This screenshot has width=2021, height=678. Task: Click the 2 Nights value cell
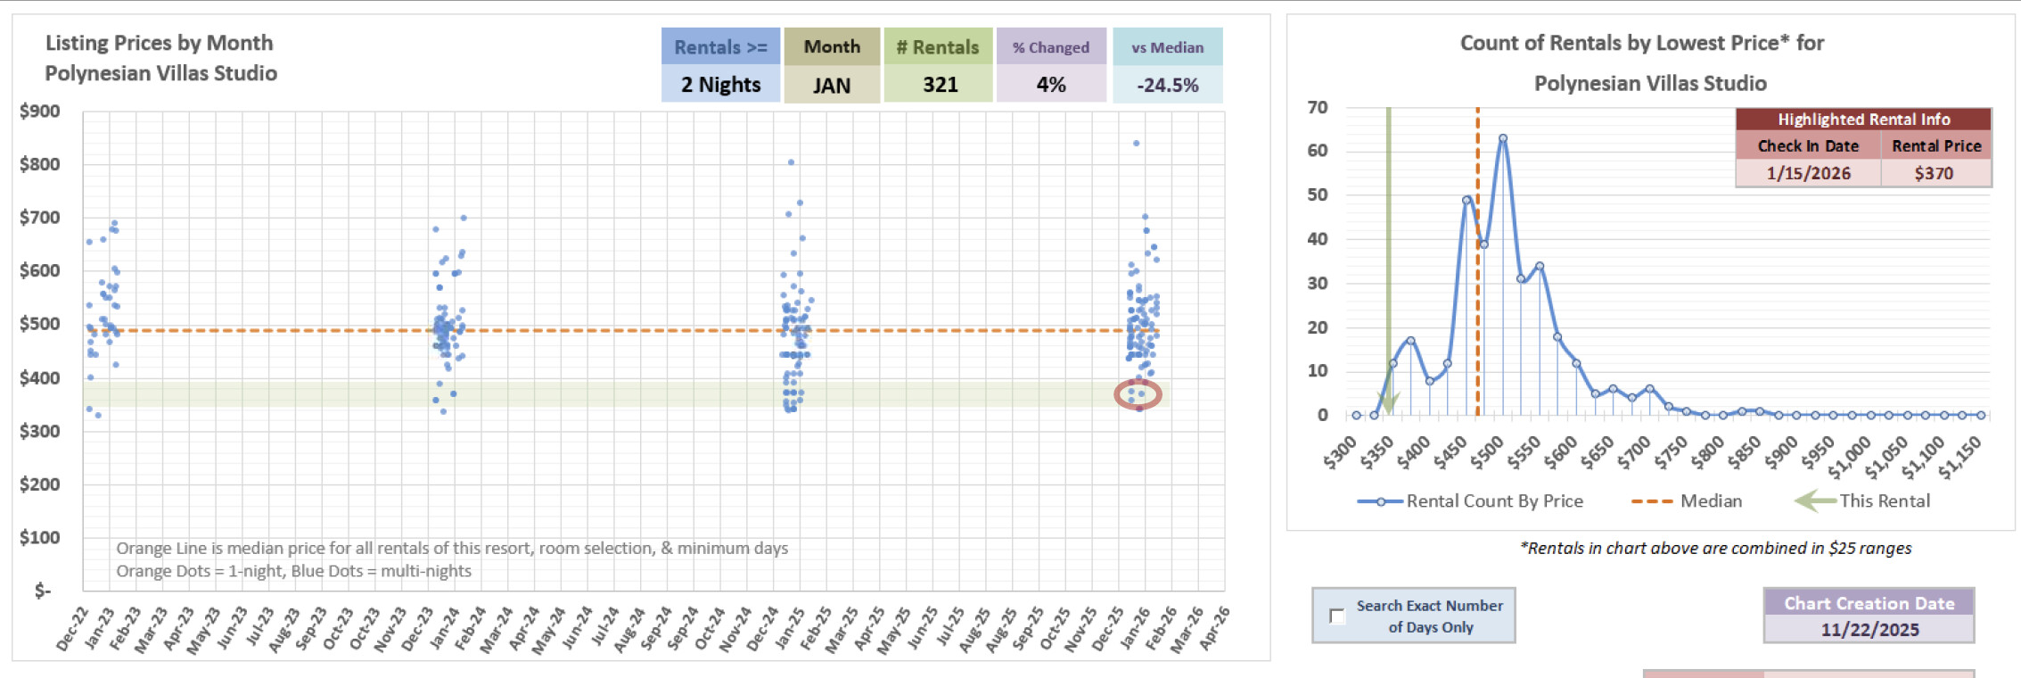720,85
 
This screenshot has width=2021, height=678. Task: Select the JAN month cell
832,86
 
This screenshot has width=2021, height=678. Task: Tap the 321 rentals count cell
940,85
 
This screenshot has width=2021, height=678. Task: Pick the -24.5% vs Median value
1167,86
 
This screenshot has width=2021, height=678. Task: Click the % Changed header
1051,47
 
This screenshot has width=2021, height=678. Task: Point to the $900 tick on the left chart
40,112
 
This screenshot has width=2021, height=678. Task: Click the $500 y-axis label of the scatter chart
40,324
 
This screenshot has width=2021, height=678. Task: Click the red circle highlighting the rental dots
1138,394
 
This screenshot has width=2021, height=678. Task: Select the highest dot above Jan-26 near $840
1136,143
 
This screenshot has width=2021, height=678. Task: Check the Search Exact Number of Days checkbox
1337,616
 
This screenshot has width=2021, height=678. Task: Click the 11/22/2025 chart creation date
1869,630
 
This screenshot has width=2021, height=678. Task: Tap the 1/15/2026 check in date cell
1808,173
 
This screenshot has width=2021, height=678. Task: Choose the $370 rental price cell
1934,173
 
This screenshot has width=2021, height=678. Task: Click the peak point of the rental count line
1503,138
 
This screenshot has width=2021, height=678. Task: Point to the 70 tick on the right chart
1318,107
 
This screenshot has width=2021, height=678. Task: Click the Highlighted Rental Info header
1863,120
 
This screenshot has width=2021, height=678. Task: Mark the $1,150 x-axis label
1961,457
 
